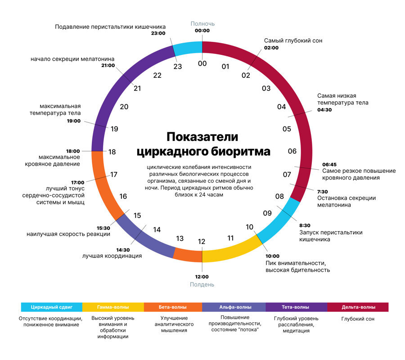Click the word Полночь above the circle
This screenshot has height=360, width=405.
[202, 24]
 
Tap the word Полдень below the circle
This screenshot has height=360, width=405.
[202, 284]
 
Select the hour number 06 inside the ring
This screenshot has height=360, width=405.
[292, 151]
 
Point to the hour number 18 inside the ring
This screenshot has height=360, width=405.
[112, 152]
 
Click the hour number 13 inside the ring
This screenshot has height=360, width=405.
[180, 238]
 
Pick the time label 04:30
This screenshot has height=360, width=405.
[324, 110]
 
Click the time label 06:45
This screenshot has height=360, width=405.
[330, 164]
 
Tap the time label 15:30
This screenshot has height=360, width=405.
[103, 228]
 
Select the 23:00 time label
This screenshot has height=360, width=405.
[158, 33]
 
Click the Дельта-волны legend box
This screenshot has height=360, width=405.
[358, 307]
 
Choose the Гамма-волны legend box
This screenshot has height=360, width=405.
[113, 307]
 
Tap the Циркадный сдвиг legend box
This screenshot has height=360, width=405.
[51, 307]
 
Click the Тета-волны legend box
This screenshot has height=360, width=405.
[295, 307]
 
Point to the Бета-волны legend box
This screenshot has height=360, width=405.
[173, 307]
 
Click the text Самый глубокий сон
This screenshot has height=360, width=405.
[293, 40]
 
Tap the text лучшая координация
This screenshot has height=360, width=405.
[112, 256]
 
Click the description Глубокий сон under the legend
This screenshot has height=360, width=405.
[358, 319]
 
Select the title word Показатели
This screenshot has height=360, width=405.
[202, 136]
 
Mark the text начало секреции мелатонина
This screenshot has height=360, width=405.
[72, 59]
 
